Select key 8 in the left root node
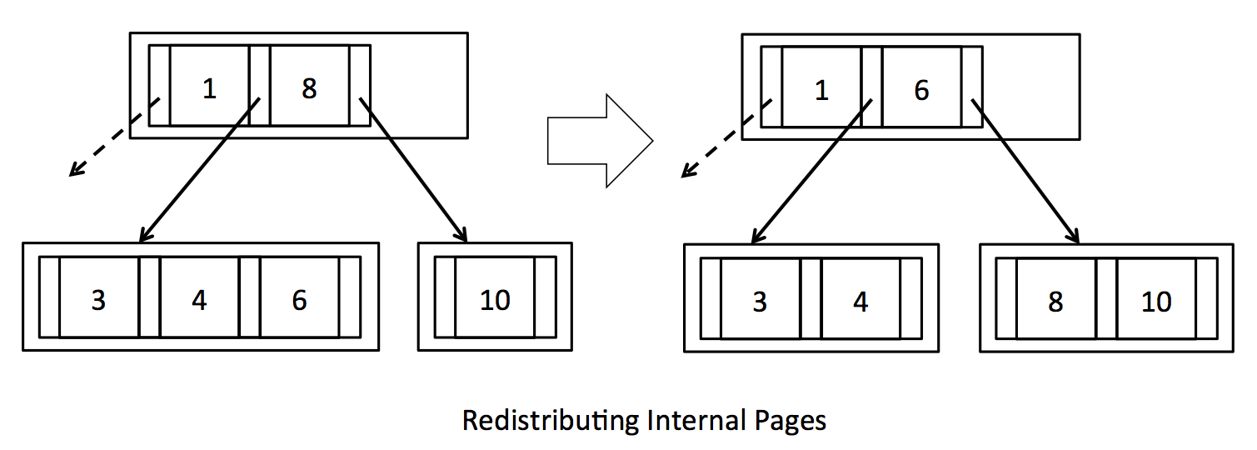tap(309, 87)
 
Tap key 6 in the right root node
tap(921, 89)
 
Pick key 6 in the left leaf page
tap(299, 299)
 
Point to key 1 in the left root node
tap(209, 87)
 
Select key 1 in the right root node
tap(821, 89)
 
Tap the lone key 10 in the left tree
tap(495, 299)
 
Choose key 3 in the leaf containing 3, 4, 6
tap(98, 299)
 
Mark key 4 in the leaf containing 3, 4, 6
tap(199, 299)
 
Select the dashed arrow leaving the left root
tap(113, 138)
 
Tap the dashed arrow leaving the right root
tap(726, 139)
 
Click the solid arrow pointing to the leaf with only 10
tap(413, 170)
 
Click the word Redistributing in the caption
tap(551, 419)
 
